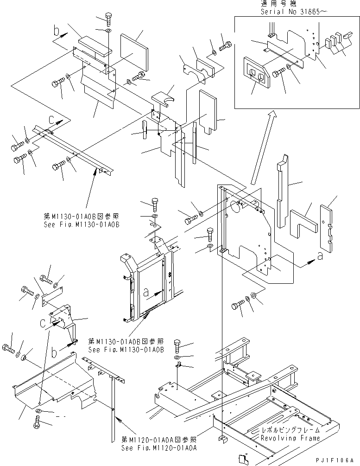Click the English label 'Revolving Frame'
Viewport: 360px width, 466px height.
pos(290,438)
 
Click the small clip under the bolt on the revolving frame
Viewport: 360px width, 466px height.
pos(180,366)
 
